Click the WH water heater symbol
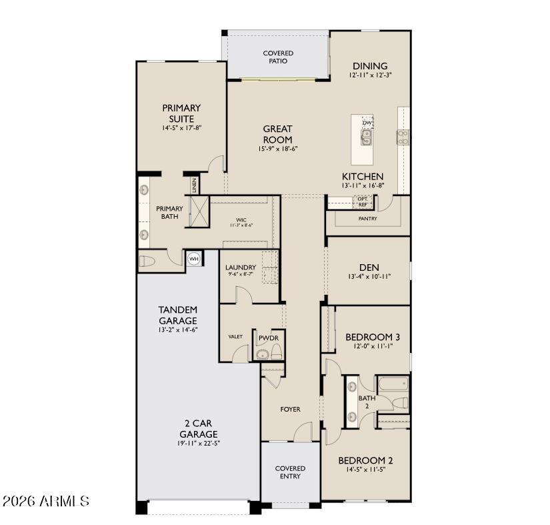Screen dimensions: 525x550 coord(193,258)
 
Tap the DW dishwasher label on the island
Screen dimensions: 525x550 coord(367,123)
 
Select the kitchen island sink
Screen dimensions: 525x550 coord(366,137)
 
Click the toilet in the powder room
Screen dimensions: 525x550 coord(262,354)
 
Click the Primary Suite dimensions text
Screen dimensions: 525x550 coord(181,128)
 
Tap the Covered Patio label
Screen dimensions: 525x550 coord(278,57)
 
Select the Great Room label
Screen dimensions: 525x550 coord(277,134)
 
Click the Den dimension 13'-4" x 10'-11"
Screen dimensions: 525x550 coord(369,276)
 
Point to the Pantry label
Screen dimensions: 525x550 coord(367,219)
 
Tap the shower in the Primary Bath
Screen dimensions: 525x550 coord(199,213)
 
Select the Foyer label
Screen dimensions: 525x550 coord(290,410)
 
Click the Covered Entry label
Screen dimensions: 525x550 coord(290,472)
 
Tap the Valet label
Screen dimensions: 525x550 coord(235,337)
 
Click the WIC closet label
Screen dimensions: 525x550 coord(241,221)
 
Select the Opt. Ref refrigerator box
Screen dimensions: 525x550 coord(362,202)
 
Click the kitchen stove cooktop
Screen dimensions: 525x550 coord(403,137)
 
